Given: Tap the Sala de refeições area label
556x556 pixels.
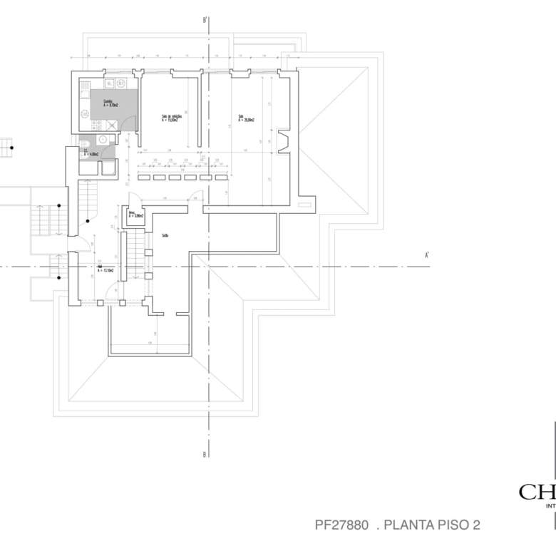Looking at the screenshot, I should [x=171, y=118].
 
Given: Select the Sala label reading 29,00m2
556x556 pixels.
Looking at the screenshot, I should [x=246, y=118].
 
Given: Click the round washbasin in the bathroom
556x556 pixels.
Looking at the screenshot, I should [x=102, y=140].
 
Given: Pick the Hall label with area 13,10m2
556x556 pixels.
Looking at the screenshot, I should [x=107, y=270].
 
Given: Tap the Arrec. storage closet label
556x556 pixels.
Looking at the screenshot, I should [x=135, y=214].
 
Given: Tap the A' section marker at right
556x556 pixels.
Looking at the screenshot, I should [x=426, y=254].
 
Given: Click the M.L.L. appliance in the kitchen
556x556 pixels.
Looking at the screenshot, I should [x=109, y=83].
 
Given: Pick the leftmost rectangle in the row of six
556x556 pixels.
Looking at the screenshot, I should [x=143, y=177].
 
